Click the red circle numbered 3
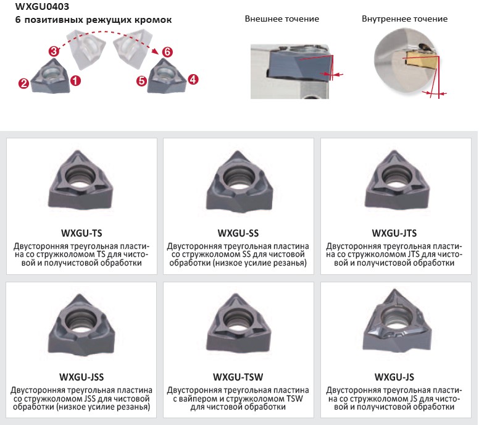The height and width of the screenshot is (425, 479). (x=54, y=51)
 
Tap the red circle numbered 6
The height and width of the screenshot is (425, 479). (x=167, y=52)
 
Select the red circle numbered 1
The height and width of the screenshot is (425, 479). (x=75, y=81)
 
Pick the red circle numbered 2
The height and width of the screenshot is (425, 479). (x=23, y=83)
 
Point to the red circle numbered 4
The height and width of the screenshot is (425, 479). (x=193, y=80)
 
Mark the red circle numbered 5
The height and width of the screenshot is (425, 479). (x=141, y=82)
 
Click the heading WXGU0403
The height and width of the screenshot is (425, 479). (x=42, y=6)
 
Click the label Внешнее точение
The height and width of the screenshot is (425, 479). (x=282, y=19)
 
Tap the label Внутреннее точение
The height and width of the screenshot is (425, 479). (x=404, y=19)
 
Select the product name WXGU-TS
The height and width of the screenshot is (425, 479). (x=81, y=234)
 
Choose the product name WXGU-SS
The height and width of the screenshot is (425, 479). (x=238, y=234)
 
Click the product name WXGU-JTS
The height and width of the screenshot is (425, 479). (x=394, y=234)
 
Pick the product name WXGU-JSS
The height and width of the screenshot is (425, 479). (x=81, y=377)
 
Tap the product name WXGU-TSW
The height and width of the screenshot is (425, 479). (x=238, y=377)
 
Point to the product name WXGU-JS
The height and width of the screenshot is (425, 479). (x=394, y=377)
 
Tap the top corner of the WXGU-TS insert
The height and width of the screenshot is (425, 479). (x=80, y=151)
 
